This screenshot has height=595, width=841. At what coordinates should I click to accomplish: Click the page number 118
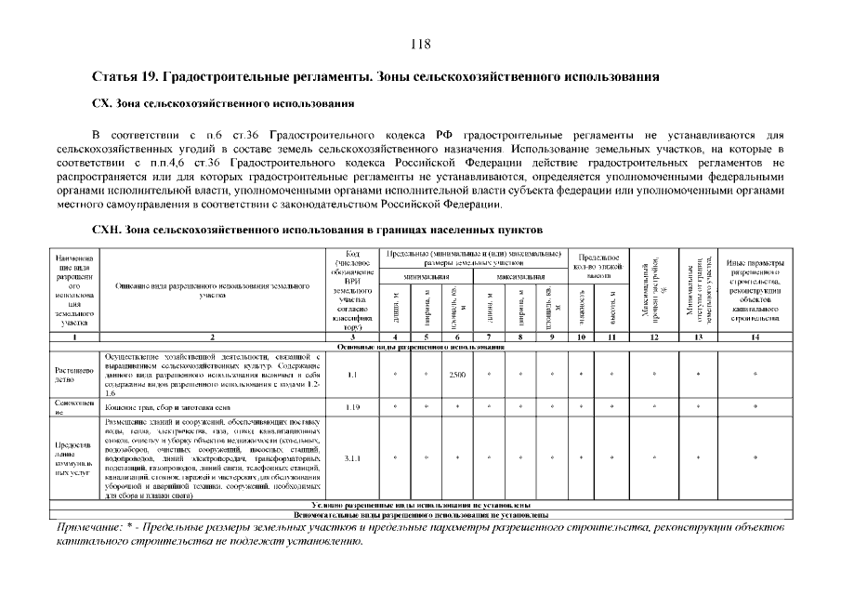pos(421,44)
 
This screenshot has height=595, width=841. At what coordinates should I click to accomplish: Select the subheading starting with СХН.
pos(318,229)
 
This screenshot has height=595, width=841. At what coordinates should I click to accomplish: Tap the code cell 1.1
pos(351,376)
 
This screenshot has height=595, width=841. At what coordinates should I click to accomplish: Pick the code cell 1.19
pos(351,406)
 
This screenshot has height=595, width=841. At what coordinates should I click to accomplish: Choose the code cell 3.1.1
pos(351,457)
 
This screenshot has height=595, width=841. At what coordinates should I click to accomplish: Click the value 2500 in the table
pos(456,376)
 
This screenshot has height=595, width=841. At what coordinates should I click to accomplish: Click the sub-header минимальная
pos(426,276)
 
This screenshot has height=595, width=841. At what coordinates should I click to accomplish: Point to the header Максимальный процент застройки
pos(652,288)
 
